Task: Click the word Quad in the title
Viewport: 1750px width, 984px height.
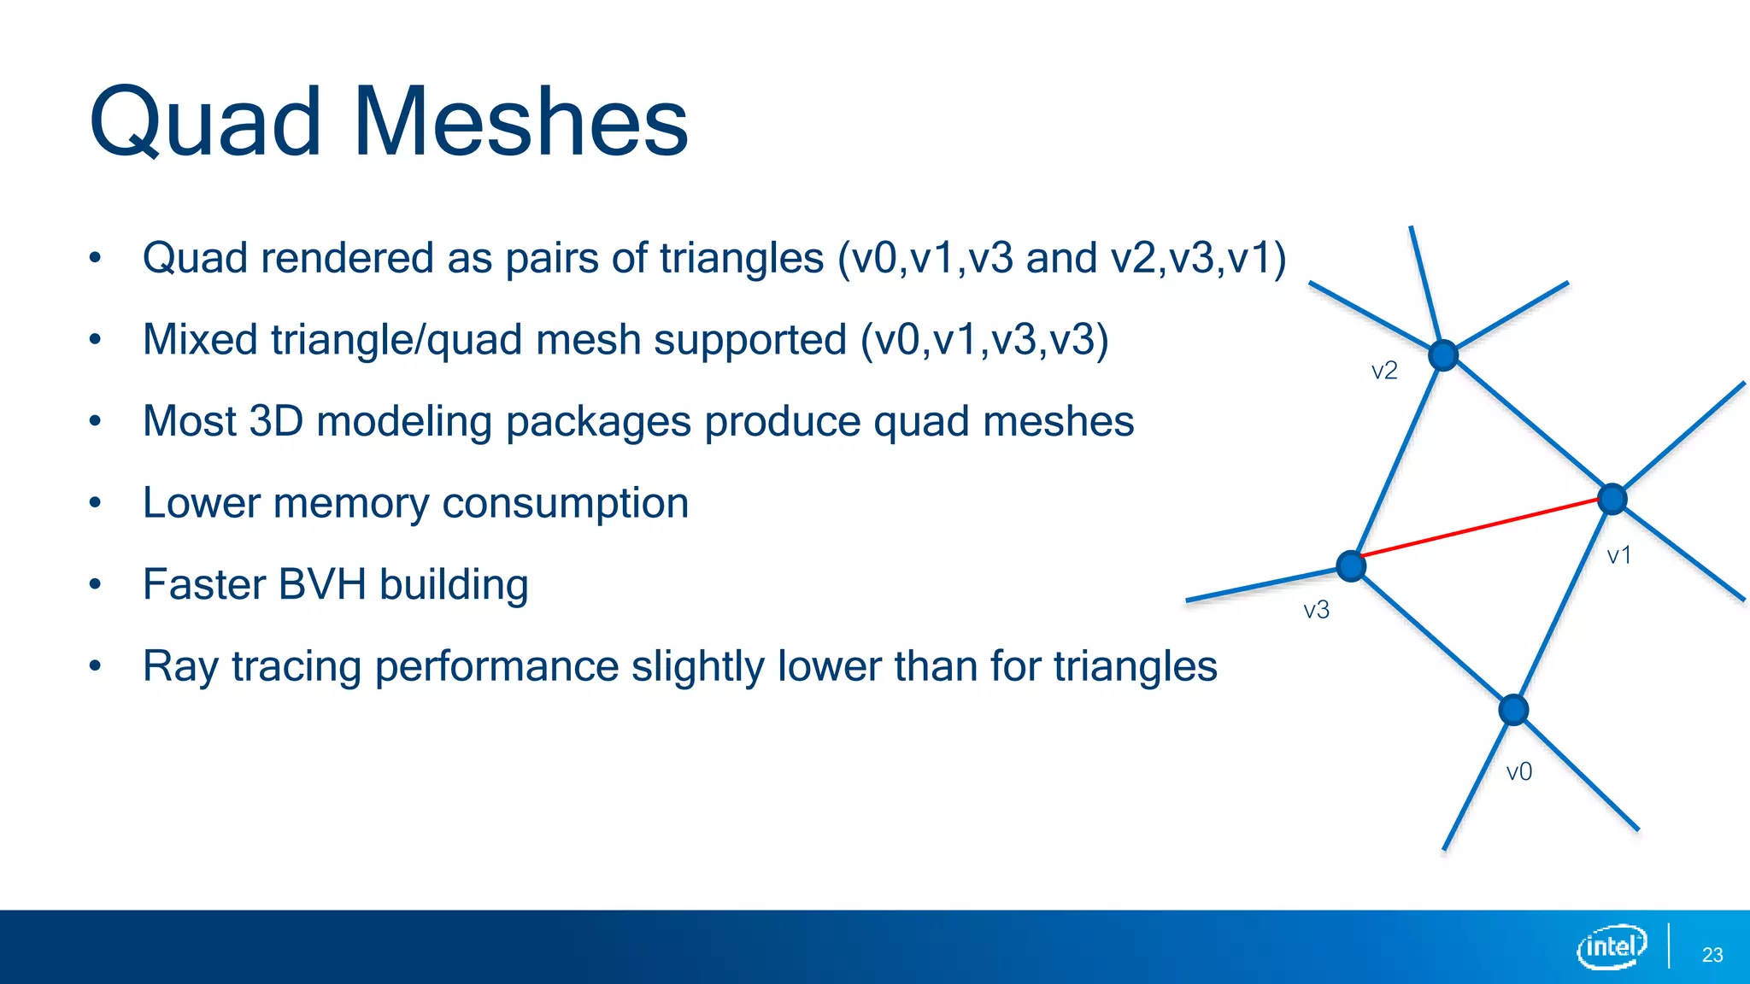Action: coord(205,124)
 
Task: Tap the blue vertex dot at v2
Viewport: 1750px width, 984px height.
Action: coord(1443,354)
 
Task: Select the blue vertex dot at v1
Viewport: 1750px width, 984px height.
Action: coord(1612,499)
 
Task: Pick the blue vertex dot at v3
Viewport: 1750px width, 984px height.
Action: coord(1351,565)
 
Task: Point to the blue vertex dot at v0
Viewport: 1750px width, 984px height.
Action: coord(1513,710)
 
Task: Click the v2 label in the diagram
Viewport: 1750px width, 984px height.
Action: coord(1384,371)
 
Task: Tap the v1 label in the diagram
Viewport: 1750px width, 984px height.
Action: coord(1619,556)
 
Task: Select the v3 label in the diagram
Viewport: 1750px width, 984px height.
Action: coord(1316,610)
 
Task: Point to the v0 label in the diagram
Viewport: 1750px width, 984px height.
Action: coord(1518,772)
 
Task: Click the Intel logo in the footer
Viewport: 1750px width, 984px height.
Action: coord(1611,946)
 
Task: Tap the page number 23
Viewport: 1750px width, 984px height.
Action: coord(1712,955)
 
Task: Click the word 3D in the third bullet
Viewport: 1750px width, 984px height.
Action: coord(276,421)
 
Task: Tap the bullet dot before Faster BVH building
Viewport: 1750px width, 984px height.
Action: coord(96,585)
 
